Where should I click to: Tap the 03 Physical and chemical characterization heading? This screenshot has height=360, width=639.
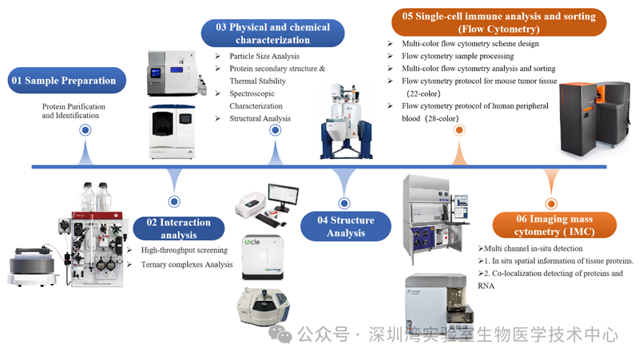(x=272, y=33)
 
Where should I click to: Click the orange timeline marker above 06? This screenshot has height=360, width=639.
(x=550, y=204)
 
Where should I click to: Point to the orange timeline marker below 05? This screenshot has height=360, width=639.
(x=459, y=130)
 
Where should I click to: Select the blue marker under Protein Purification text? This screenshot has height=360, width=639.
(x=85, y=130)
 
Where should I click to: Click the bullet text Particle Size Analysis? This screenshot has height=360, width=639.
(x=264, y=56)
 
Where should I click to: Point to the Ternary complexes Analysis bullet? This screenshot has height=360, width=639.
(x=187, y=264)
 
